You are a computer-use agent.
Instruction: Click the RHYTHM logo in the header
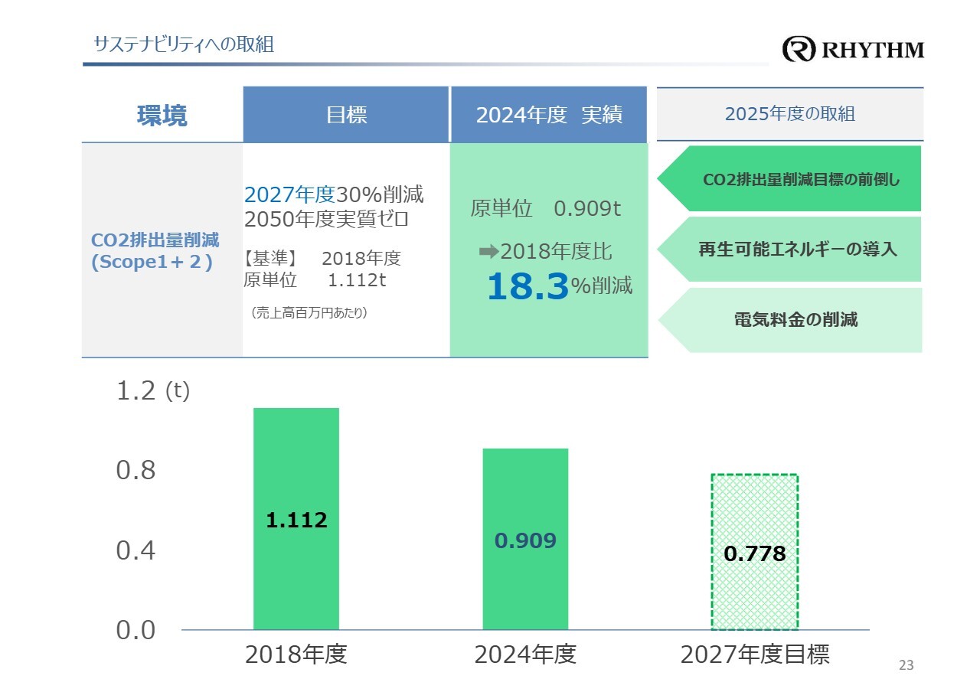(853, 50)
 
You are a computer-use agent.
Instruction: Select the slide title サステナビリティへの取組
(183, 44)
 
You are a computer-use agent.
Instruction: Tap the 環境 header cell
(162, 115)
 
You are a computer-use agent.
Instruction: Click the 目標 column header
(346, 115)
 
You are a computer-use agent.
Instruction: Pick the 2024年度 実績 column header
(548, 115)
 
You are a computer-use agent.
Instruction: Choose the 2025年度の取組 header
(789, 115)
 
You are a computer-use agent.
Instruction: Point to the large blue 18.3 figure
(528, 287)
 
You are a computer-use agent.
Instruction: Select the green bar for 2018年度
(296, 519)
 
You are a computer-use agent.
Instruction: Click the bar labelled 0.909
(525, 539)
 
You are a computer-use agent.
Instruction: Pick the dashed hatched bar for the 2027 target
(755, 552)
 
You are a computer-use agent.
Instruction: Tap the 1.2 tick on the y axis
(136, 391)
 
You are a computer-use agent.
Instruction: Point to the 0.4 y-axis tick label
(136, 550)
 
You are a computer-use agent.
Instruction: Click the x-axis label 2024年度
(525, 655)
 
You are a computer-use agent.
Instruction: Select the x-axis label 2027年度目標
(755, 655)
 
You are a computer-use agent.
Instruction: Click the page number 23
(906, 665)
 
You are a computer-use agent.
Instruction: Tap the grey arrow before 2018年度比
(488, 251)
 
